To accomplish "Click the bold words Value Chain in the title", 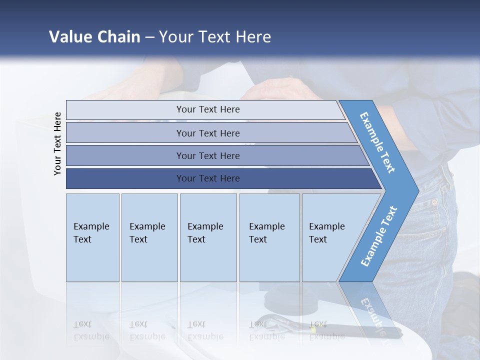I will pos(94,37).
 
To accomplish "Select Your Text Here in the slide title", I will pos(215,37).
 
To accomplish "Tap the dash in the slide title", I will pos(149,37).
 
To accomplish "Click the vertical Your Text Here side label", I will pos(57,143).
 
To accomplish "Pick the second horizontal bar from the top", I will pos(208,133).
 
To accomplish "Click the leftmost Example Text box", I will pos(92,237).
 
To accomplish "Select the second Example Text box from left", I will pos(149,237).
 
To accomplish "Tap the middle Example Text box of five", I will pos(208,237).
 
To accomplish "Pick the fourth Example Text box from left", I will pos(269,237).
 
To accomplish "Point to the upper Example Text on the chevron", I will pos(377,142).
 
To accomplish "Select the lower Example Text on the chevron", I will pos(378,236).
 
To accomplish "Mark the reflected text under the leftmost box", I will pos(91,331).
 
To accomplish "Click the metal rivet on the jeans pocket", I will pos(434,202).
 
